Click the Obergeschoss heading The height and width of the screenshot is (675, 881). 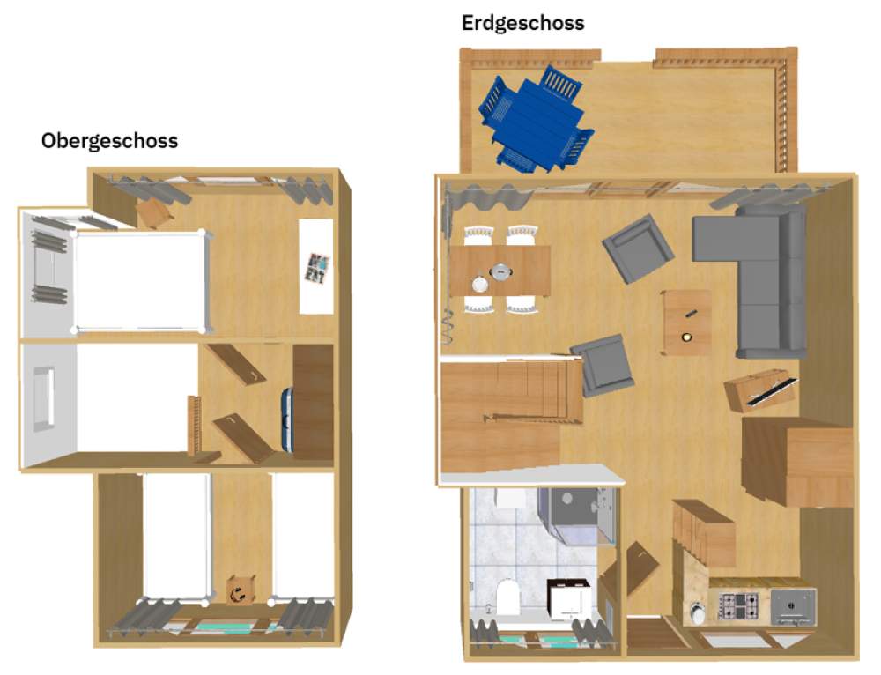(109, 140)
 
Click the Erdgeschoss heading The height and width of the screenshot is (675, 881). (522, 23)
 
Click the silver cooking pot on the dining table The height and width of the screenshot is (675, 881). (500, 272)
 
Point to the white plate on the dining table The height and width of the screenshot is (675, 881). (480, 285)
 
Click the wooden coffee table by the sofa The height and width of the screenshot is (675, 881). (686, 323)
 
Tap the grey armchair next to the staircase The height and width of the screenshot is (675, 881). (600, 365)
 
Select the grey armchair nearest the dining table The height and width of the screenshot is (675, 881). (638, 248)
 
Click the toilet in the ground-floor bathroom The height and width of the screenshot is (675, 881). (507, 597)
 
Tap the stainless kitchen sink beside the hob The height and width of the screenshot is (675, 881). (793, 606)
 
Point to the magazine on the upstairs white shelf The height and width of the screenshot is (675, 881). (317, 268)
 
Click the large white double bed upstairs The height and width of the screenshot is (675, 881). (140, 281)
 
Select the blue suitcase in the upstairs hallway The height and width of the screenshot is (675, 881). (287, 419)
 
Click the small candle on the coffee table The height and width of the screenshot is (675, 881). (686, 337)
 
